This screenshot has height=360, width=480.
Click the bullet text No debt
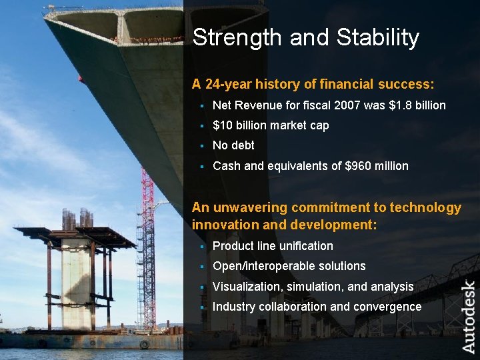(233, 145)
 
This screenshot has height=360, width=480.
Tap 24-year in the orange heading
(228, 85)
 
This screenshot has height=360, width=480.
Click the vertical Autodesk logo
(469, 317)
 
